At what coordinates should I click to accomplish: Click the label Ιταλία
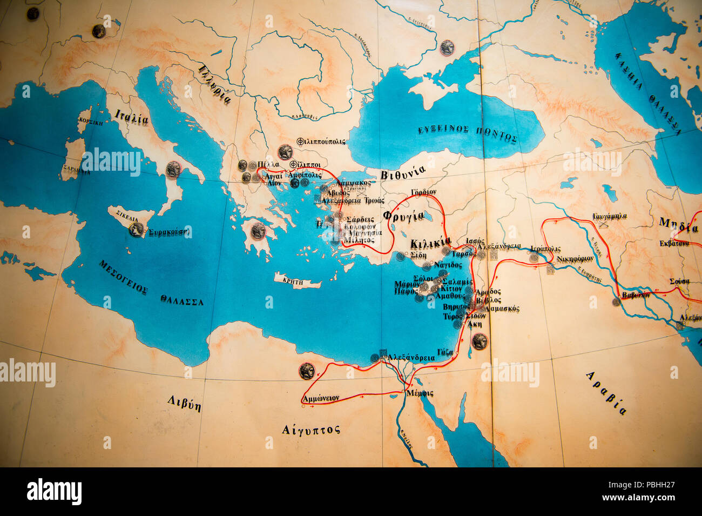tap(131, 116)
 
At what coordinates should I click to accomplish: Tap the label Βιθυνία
tap(403, 173)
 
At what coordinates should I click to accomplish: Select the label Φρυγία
tap(403, 216)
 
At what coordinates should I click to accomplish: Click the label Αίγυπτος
tap(311, 430)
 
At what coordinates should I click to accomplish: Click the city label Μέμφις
tap(421, 393)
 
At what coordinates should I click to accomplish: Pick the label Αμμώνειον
tap(321, 398)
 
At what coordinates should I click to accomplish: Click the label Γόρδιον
tap(423, 192)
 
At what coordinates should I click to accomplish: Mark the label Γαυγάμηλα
tap(610, 216)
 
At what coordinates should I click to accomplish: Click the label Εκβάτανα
tap(674, 243)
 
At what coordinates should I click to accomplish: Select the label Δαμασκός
tap(502, 309)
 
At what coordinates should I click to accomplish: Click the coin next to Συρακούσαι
tap(136, 230)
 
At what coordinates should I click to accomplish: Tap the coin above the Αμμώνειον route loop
tap(307, 371)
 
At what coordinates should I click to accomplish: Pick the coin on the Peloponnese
tap(258, 231)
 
